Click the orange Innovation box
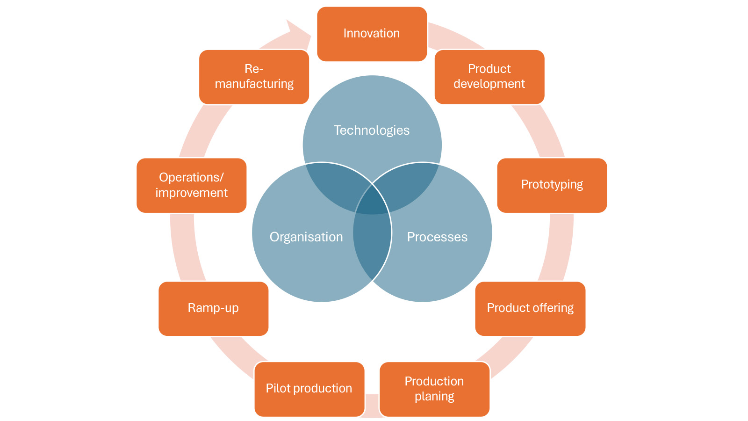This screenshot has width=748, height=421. tap(372, 34)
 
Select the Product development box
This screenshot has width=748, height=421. tap(489, 77)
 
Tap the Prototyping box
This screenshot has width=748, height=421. tap(552, 185)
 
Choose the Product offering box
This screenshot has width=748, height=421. tap(530, 308)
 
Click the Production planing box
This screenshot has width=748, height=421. tap(434, 389)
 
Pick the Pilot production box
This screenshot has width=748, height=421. tap(309, 389)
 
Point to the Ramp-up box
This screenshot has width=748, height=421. tap(213, 308)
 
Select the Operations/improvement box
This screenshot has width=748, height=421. tap(191, 185)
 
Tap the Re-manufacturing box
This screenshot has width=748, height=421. tap(254, 77)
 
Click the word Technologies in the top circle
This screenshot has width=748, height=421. tap(372, 131)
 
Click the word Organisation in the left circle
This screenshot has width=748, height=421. tap(306, 237)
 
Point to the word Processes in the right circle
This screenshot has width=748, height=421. tap(437, 237)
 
